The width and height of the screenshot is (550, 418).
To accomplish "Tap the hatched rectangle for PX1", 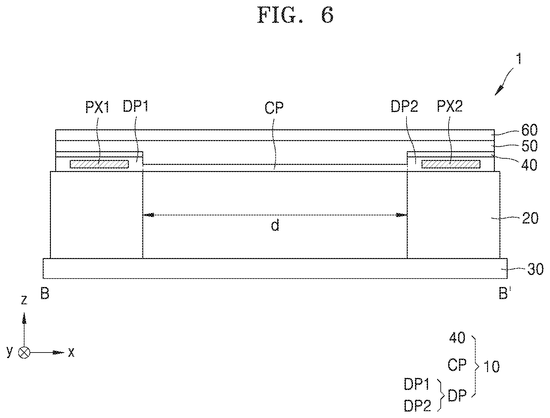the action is coord(99,164).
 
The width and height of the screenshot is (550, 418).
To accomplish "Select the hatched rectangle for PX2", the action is coord(451,164).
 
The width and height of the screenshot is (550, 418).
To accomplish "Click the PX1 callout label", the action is coord(97,107).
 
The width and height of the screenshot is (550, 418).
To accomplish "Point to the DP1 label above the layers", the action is coord(136,106).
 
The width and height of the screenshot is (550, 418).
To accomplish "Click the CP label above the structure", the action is coord(274,108).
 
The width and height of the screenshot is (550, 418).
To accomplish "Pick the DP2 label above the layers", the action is coord(404,106).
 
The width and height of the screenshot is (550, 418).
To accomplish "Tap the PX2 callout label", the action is coord(450,106).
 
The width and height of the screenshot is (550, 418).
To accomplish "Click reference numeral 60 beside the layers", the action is coord(529,130).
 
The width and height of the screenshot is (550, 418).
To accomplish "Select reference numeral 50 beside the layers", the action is coord(529,146).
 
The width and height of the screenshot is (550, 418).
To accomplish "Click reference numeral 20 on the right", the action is coord(530,218).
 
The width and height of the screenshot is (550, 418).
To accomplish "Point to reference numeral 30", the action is coord(535,269).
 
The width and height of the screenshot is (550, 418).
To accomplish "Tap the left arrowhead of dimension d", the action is coord(148,215).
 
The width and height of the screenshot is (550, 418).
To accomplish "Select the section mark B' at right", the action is coord(504,294).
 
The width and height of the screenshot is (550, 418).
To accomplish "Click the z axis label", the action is coord(24,300).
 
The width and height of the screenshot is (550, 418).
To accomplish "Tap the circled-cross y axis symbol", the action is coord(24,352).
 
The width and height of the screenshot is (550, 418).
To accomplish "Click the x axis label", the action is coord(71,352).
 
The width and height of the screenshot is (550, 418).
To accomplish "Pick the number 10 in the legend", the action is coord(491,367).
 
